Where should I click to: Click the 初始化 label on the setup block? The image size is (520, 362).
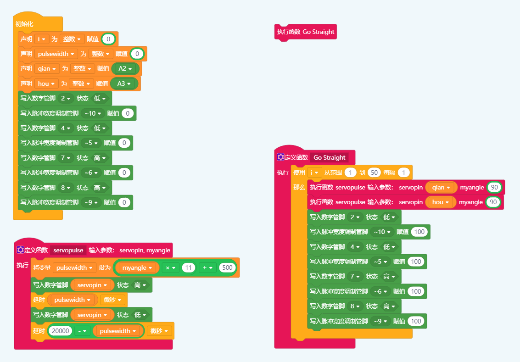(x=24, y=24)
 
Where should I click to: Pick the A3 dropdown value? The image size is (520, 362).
(x=125, y=84)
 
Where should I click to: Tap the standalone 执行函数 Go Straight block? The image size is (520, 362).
(x=305, y=32)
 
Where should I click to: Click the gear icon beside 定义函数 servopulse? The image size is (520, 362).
(x=20, y=250)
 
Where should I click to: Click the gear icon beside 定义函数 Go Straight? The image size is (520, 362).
(x=280, y=157)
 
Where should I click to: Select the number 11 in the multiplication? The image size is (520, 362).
(x=189, y=267)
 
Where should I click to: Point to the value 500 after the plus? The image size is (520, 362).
(x=227, y=267)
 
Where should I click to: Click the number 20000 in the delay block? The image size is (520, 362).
(x=60, y=331)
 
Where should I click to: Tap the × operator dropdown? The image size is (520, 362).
(x=171, y=267)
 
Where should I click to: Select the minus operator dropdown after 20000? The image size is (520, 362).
(x=82, y=331)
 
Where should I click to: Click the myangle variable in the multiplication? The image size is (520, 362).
(x=137, y=267)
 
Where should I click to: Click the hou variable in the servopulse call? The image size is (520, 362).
(x=440, y=202)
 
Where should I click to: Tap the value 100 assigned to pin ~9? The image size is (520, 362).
(x=416, y=321)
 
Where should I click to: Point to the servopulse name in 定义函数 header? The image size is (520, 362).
(x=68, y=250)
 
